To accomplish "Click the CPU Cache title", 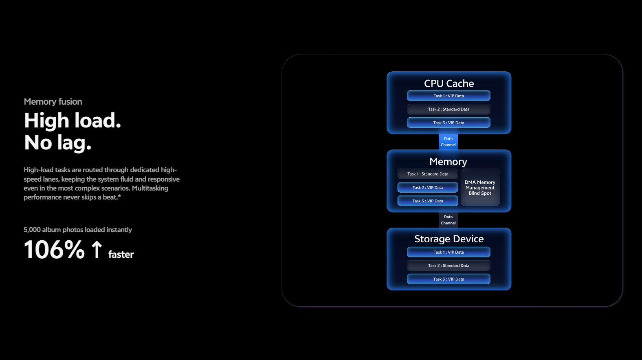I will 449,83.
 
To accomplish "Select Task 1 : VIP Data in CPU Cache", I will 449,96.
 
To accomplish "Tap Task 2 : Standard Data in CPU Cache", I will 449,109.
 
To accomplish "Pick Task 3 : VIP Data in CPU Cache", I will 449,123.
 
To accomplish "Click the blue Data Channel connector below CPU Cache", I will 448,142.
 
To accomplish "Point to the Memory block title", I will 448,162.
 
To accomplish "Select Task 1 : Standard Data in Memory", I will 428,174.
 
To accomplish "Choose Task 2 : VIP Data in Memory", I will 428,188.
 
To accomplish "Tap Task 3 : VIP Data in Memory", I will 428,201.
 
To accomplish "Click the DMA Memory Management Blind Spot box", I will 480,188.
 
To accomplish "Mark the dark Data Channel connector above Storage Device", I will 448,220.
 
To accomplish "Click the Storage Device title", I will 449,239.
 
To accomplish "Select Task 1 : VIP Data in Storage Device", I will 449,252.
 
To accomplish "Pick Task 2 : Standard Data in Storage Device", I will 449,266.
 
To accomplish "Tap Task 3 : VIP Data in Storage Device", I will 449,279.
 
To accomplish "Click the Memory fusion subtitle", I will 53,102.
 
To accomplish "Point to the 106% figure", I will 54,250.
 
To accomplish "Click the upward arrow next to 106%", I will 97,249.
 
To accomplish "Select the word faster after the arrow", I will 121,255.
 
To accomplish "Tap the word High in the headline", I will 46,121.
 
